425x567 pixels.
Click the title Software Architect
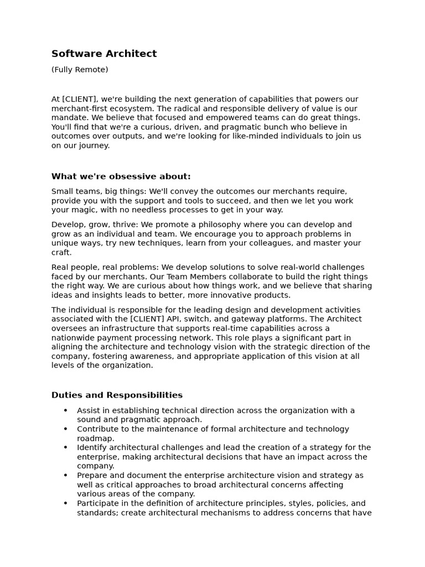(x=104, y=54)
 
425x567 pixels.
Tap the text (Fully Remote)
(x=80, y=70)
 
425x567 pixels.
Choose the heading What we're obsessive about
(x=121, y=177)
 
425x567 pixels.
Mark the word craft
(x=61, y=252)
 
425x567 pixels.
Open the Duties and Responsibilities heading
(x=117, y=395)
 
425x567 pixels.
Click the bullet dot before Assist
(x=65, y=410)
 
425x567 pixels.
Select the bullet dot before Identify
(x=65, y=447)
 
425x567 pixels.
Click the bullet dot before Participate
(x=65, y=503)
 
